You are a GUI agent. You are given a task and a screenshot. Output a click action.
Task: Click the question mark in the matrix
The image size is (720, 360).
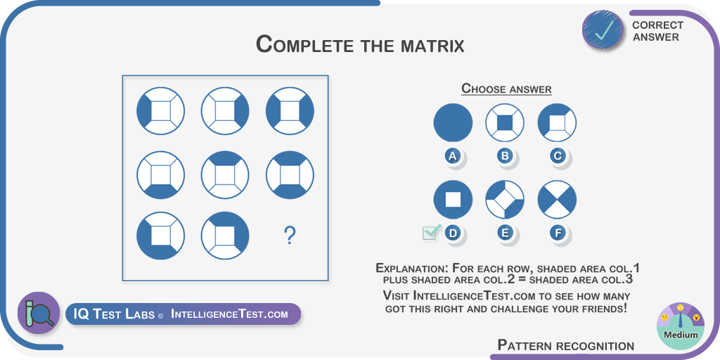pos(289,236)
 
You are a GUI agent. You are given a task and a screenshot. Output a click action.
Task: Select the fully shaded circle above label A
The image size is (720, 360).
pos(453,122)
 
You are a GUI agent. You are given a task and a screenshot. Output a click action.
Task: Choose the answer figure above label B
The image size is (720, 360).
pos(505,122)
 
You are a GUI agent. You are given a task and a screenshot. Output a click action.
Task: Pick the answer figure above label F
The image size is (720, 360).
pos(557,200)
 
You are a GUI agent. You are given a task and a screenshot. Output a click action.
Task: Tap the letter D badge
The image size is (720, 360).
pos(453,233)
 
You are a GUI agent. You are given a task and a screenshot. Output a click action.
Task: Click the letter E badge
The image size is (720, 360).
pos(505,233)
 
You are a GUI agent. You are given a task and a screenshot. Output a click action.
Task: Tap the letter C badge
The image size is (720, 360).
pos(558,155)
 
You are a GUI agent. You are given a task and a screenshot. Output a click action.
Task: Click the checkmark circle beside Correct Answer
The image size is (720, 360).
pos(603,30)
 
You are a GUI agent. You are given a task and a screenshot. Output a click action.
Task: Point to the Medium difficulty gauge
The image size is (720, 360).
pos(681,326)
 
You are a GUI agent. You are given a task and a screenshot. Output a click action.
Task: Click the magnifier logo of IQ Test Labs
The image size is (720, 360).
pos(39,313)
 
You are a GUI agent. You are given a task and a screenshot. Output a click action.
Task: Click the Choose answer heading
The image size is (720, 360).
pos(506,88)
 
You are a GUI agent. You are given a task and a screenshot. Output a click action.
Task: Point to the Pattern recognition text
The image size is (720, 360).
pos(566,345)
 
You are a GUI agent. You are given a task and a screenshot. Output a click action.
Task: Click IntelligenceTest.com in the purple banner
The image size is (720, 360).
pos(229,314)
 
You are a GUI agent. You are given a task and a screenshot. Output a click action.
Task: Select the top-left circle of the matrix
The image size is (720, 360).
pos(161,110)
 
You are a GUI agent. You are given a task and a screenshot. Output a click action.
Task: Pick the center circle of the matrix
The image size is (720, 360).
pos(225,175)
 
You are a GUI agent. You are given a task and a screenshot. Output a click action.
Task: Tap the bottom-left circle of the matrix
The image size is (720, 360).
pos(161,236)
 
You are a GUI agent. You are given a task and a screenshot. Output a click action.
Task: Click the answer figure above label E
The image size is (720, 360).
pos(505,200)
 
